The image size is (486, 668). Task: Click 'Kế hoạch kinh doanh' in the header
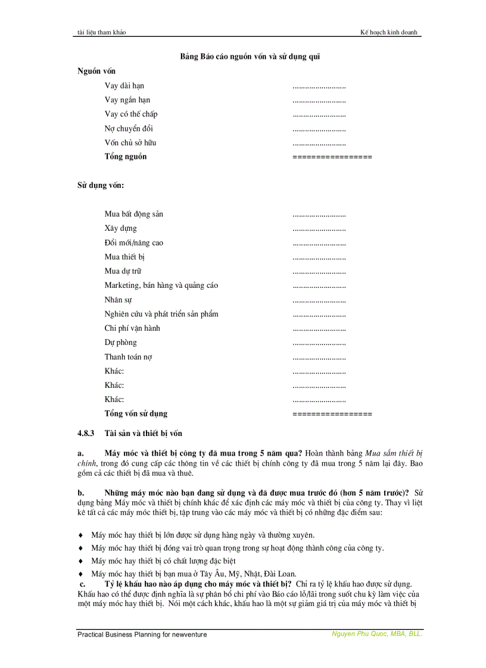coord(392,32)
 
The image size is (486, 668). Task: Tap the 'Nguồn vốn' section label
coord(96,71)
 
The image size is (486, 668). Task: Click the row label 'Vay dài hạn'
coord(124,86)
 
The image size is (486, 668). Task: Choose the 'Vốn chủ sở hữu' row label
coord(130,143)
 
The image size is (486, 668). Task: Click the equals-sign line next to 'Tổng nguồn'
coord(332,157)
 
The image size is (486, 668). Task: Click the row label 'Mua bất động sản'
coord(133,214)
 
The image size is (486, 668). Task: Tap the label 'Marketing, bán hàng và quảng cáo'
coord(161,286)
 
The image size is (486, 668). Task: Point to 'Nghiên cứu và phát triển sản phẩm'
coord(166,314)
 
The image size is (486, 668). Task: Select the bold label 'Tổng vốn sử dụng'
coord(136,414)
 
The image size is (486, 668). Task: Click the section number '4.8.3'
coord(86,433)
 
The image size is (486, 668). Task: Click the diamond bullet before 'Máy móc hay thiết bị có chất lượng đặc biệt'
coord(81,561)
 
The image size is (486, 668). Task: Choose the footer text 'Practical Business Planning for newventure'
coord(142,635)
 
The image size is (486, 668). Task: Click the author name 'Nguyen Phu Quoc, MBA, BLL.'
coord(376,634)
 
